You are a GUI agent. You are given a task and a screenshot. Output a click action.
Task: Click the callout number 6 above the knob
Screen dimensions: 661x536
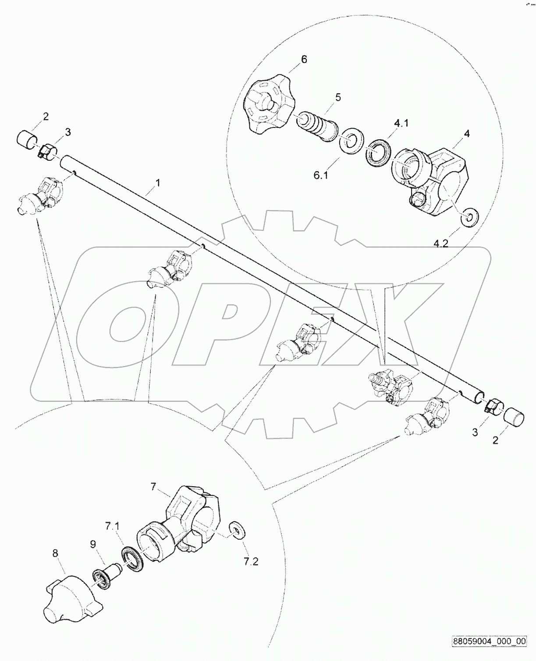coord(304,59)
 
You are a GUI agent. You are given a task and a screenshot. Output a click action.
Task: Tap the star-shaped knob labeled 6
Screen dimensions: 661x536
coord(267,103)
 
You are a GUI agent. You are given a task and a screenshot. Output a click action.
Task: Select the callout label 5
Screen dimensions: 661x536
coord(338,97)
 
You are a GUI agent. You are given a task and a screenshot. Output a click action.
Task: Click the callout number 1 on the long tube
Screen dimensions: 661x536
coord(158,183)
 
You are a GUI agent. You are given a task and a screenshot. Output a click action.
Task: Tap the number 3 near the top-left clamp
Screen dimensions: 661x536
coord(67,131)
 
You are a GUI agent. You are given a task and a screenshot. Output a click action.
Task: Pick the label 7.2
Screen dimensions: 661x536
coord(251,561)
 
